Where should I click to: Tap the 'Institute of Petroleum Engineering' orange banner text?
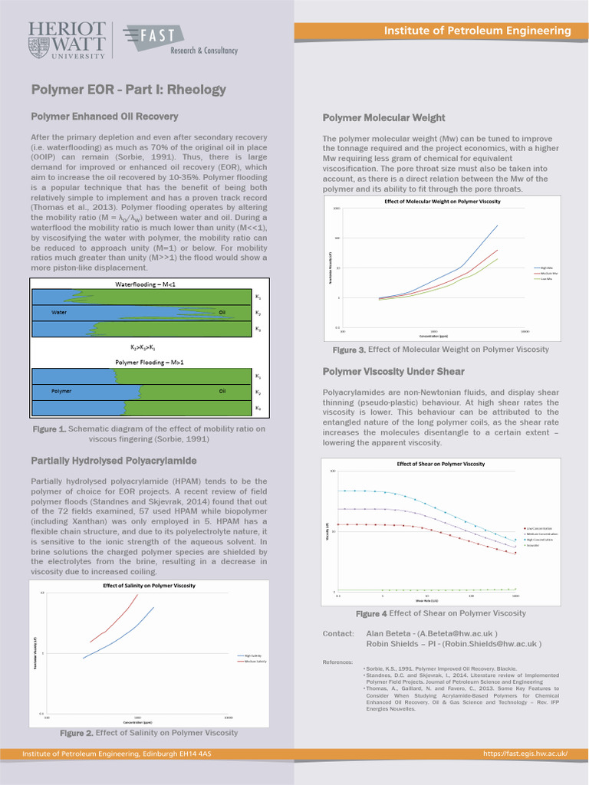pos(477,31)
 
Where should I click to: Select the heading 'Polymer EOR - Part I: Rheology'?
pos(128,90)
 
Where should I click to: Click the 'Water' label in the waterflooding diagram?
pos(59,313)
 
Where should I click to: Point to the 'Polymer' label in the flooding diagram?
pos(61,391)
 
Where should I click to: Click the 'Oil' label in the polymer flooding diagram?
pos(222,391)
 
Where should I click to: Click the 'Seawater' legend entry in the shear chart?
pos(533,546)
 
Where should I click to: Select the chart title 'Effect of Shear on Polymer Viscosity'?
pos(440,464)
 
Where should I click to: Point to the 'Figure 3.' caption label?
pos(349,350)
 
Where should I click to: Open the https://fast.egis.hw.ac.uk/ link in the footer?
pos(525,754)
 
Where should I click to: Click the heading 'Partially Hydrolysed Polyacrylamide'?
pos(114,461)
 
